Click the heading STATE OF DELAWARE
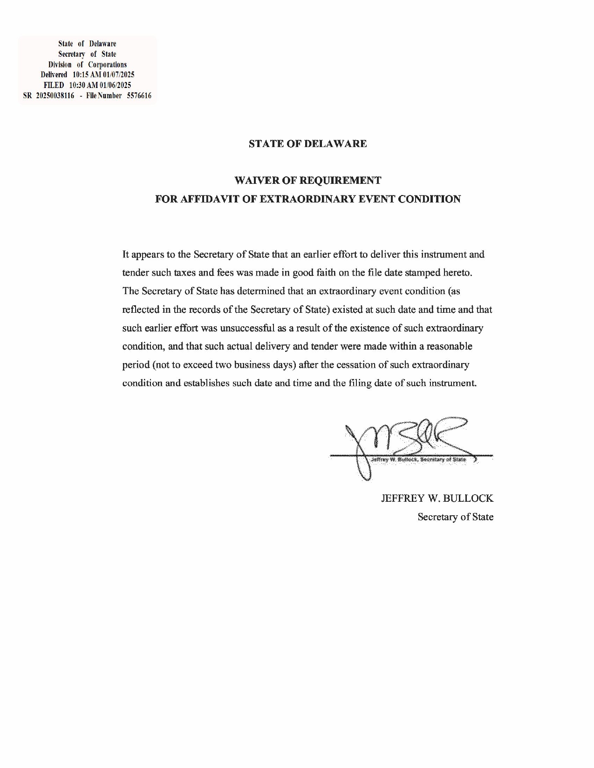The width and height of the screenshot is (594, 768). pyautogui.click(x=307, y=144)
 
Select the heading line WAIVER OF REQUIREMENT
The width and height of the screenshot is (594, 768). pyautogui.click(x=307, y=181)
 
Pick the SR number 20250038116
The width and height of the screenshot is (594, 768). pyautogui.click(x=55, y=96)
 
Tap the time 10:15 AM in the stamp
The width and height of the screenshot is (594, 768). pyautogui.click(x=83, y=75)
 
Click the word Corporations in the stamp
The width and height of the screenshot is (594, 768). pyautogui.click(x=107, y=65)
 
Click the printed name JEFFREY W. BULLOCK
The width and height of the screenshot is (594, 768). pyautogui.click(x=437, y=499)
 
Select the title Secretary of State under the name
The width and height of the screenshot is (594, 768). pyautogui.click(x=455, y=517)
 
